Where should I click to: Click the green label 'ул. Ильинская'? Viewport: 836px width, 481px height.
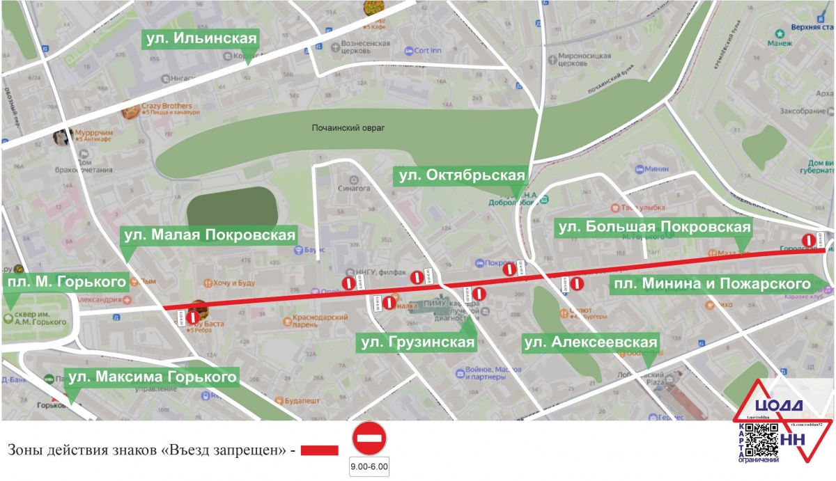[x=201, y=38]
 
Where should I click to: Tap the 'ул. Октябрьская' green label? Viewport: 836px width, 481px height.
[x=460, y=175]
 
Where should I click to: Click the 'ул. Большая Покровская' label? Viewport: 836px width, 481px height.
[x=653, y=227]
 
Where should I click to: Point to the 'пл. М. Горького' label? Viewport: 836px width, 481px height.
[x=65, y=282]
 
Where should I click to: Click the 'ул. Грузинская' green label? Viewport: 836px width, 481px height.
[x=417, y=342]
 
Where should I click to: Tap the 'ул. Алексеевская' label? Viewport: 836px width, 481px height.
[x=591, y=342]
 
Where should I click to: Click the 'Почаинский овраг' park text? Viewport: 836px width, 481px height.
[x=348, y=128]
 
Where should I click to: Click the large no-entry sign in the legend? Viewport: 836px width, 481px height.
[x=369, y=439]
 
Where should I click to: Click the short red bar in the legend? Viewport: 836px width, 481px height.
[x=319, y=451]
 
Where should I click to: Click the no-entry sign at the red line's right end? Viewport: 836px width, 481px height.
[x=808, y=240]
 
